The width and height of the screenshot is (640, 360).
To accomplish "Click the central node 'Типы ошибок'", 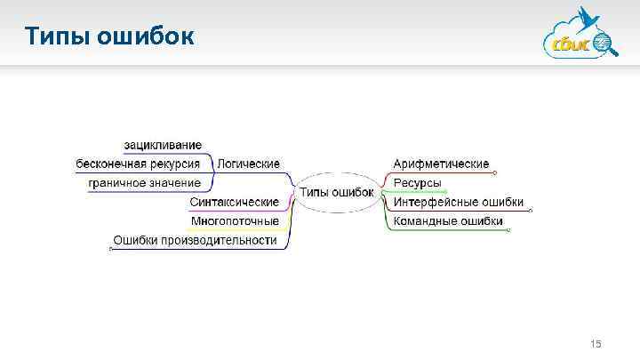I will click(336, 192).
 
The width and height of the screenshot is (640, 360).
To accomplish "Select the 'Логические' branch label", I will click(249, 164).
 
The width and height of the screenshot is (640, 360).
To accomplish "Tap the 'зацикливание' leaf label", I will click(163, 145).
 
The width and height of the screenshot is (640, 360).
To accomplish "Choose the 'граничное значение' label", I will click(144, 183).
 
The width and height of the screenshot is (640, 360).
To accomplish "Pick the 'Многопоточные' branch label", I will click(235, 221).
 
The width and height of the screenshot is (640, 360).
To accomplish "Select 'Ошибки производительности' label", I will click(195, 240).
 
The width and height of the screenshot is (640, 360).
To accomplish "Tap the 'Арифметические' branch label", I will click(441, 164).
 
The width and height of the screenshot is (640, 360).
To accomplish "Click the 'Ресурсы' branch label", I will click(418, 183).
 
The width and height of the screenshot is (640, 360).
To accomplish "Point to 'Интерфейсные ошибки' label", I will click(459, 203).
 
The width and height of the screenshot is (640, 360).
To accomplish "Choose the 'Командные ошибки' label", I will click(448, 221).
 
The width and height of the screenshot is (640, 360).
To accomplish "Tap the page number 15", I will click(596, 343).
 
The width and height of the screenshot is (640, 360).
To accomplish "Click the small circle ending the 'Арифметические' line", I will click(496, 173).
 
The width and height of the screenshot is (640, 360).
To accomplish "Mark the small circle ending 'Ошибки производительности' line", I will click(109, 249).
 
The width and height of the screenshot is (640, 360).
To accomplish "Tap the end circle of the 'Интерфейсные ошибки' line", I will click(530, 212).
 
